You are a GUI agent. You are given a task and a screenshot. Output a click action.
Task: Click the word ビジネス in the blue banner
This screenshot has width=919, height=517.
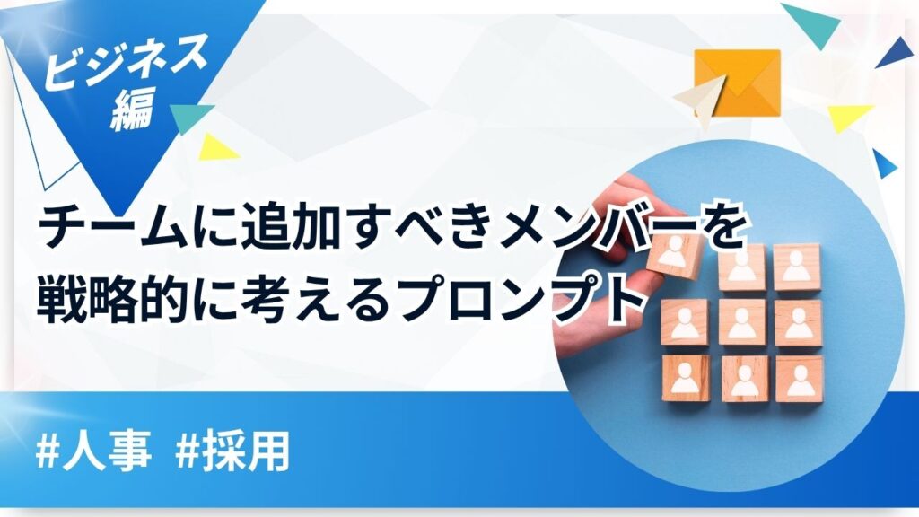(126, 61)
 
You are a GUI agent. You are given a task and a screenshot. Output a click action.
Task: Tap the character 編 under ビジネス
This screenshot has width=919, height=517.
(133, 109)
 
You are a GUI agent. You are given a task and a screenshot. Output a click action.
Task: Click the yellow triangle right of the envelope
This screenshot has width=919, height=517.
(848, 118)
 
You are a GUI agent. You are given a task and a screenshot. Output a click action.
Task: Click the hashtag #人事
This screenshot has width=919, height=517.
(93, 452)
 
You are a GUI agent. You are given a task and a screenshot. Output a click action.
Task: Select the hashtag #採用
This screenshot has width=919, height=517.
(232, 452)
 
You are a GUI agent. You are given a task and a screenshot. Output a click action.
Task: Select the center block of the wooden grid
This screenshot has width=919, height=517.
(742, 323)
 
